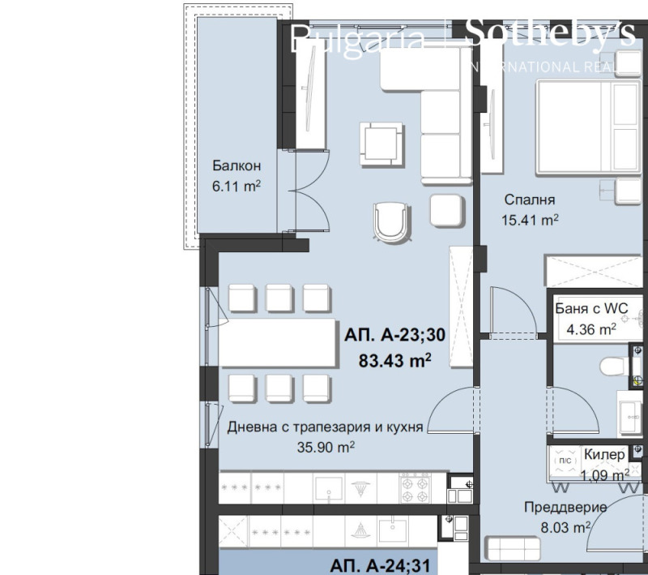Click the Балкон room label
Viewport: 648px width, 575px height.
(x=236, y=165)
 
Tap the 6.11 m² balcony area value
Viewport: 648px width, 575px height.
(x=236, y=186)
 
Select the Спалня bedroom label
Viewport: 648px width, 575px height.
(x=529, y=200)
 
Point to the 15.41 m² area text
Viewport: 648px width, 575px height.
(x=531, y=219)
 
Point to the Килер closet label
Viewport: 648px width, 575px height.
(x=604, y=455)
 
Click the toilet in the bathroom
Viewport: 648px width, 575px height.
(x=618, y=367)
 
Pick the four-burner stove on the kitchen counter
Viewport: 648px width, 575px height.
(x=414, y=487)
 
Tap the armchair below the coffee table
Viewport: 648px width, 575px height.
(x=391, y=221)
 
